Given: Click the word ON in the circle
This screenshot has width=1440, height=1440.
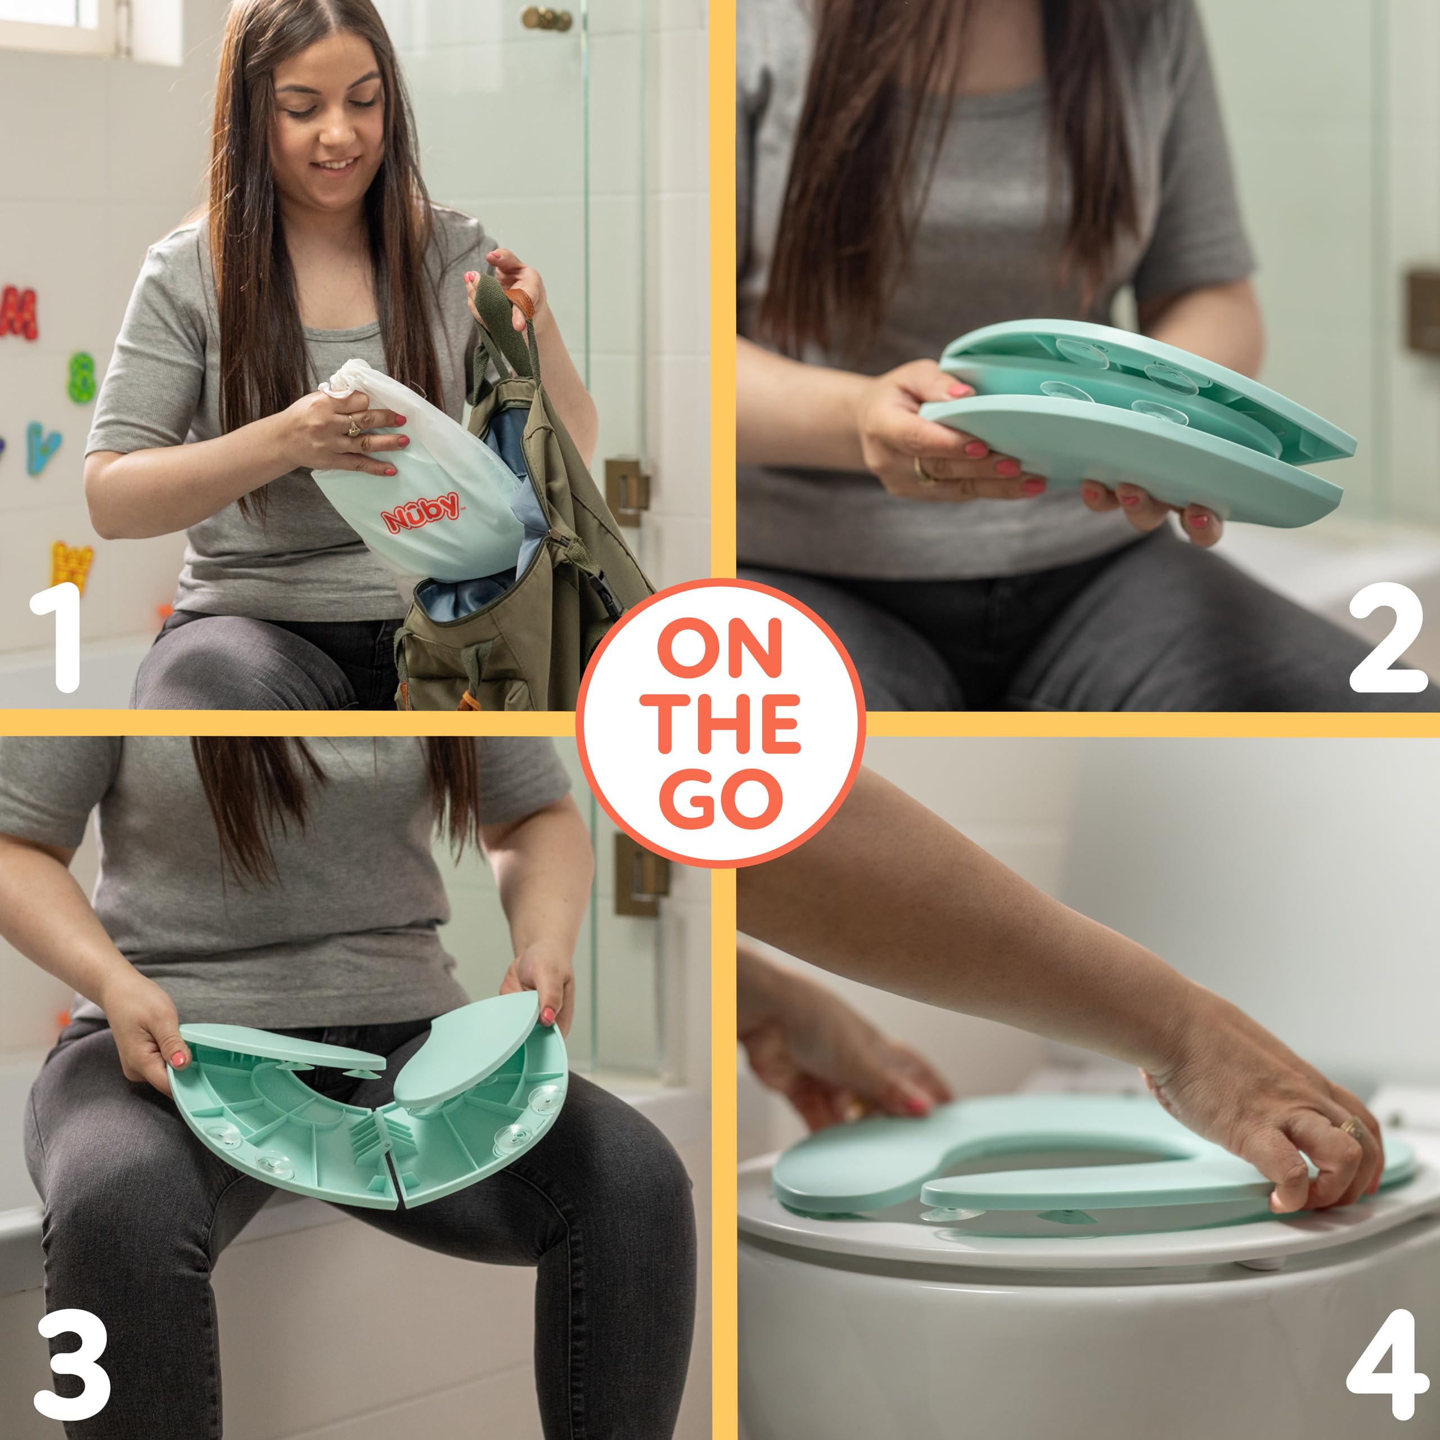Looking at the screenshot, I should click(x=720, y=649).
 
